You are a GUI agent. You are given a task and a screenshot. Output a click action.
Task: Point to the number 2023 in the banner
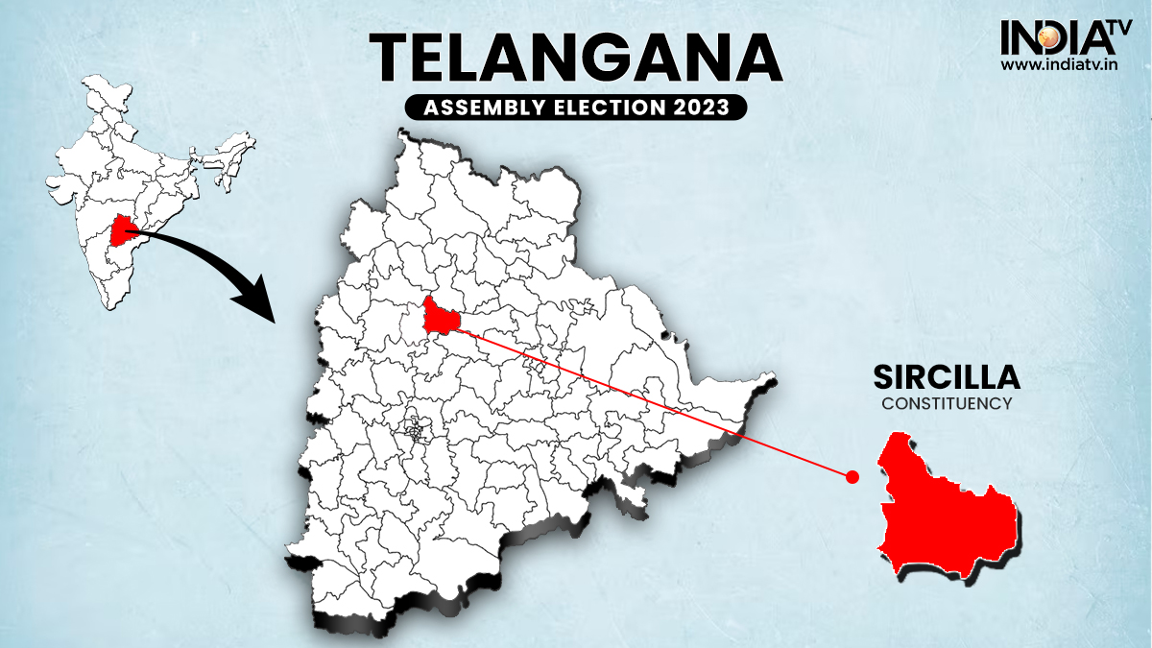708,108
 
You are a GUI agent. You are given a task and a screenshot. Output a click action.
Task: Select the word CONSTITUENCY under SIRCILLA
947,404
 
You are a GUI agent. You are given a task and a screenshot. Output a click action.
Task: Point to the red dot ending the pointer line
851,475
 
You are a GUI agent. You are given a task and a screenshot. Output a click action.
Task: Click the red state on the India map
123,230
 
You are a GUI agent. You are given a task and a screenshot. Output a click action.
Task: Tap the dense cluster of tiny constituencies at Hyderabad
416,429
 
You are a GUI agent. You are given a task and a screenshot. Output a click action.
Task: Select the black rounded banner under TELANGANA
576,108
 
